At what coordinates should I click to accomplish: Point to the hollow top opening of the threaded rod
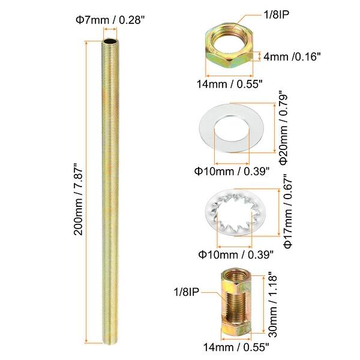(110, 44)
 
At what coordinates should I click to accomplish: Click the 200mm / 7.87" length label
(77, 198)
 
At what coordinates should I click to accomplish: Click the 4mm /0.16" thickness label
(293, 58)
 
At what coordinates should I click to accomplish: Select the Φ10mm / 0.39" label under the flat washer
(232, 171)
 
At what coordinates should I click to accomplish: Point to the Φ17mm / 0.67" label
(287, 212)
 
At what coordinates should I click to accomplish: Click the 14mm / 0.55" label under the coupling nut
(236, 346)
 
